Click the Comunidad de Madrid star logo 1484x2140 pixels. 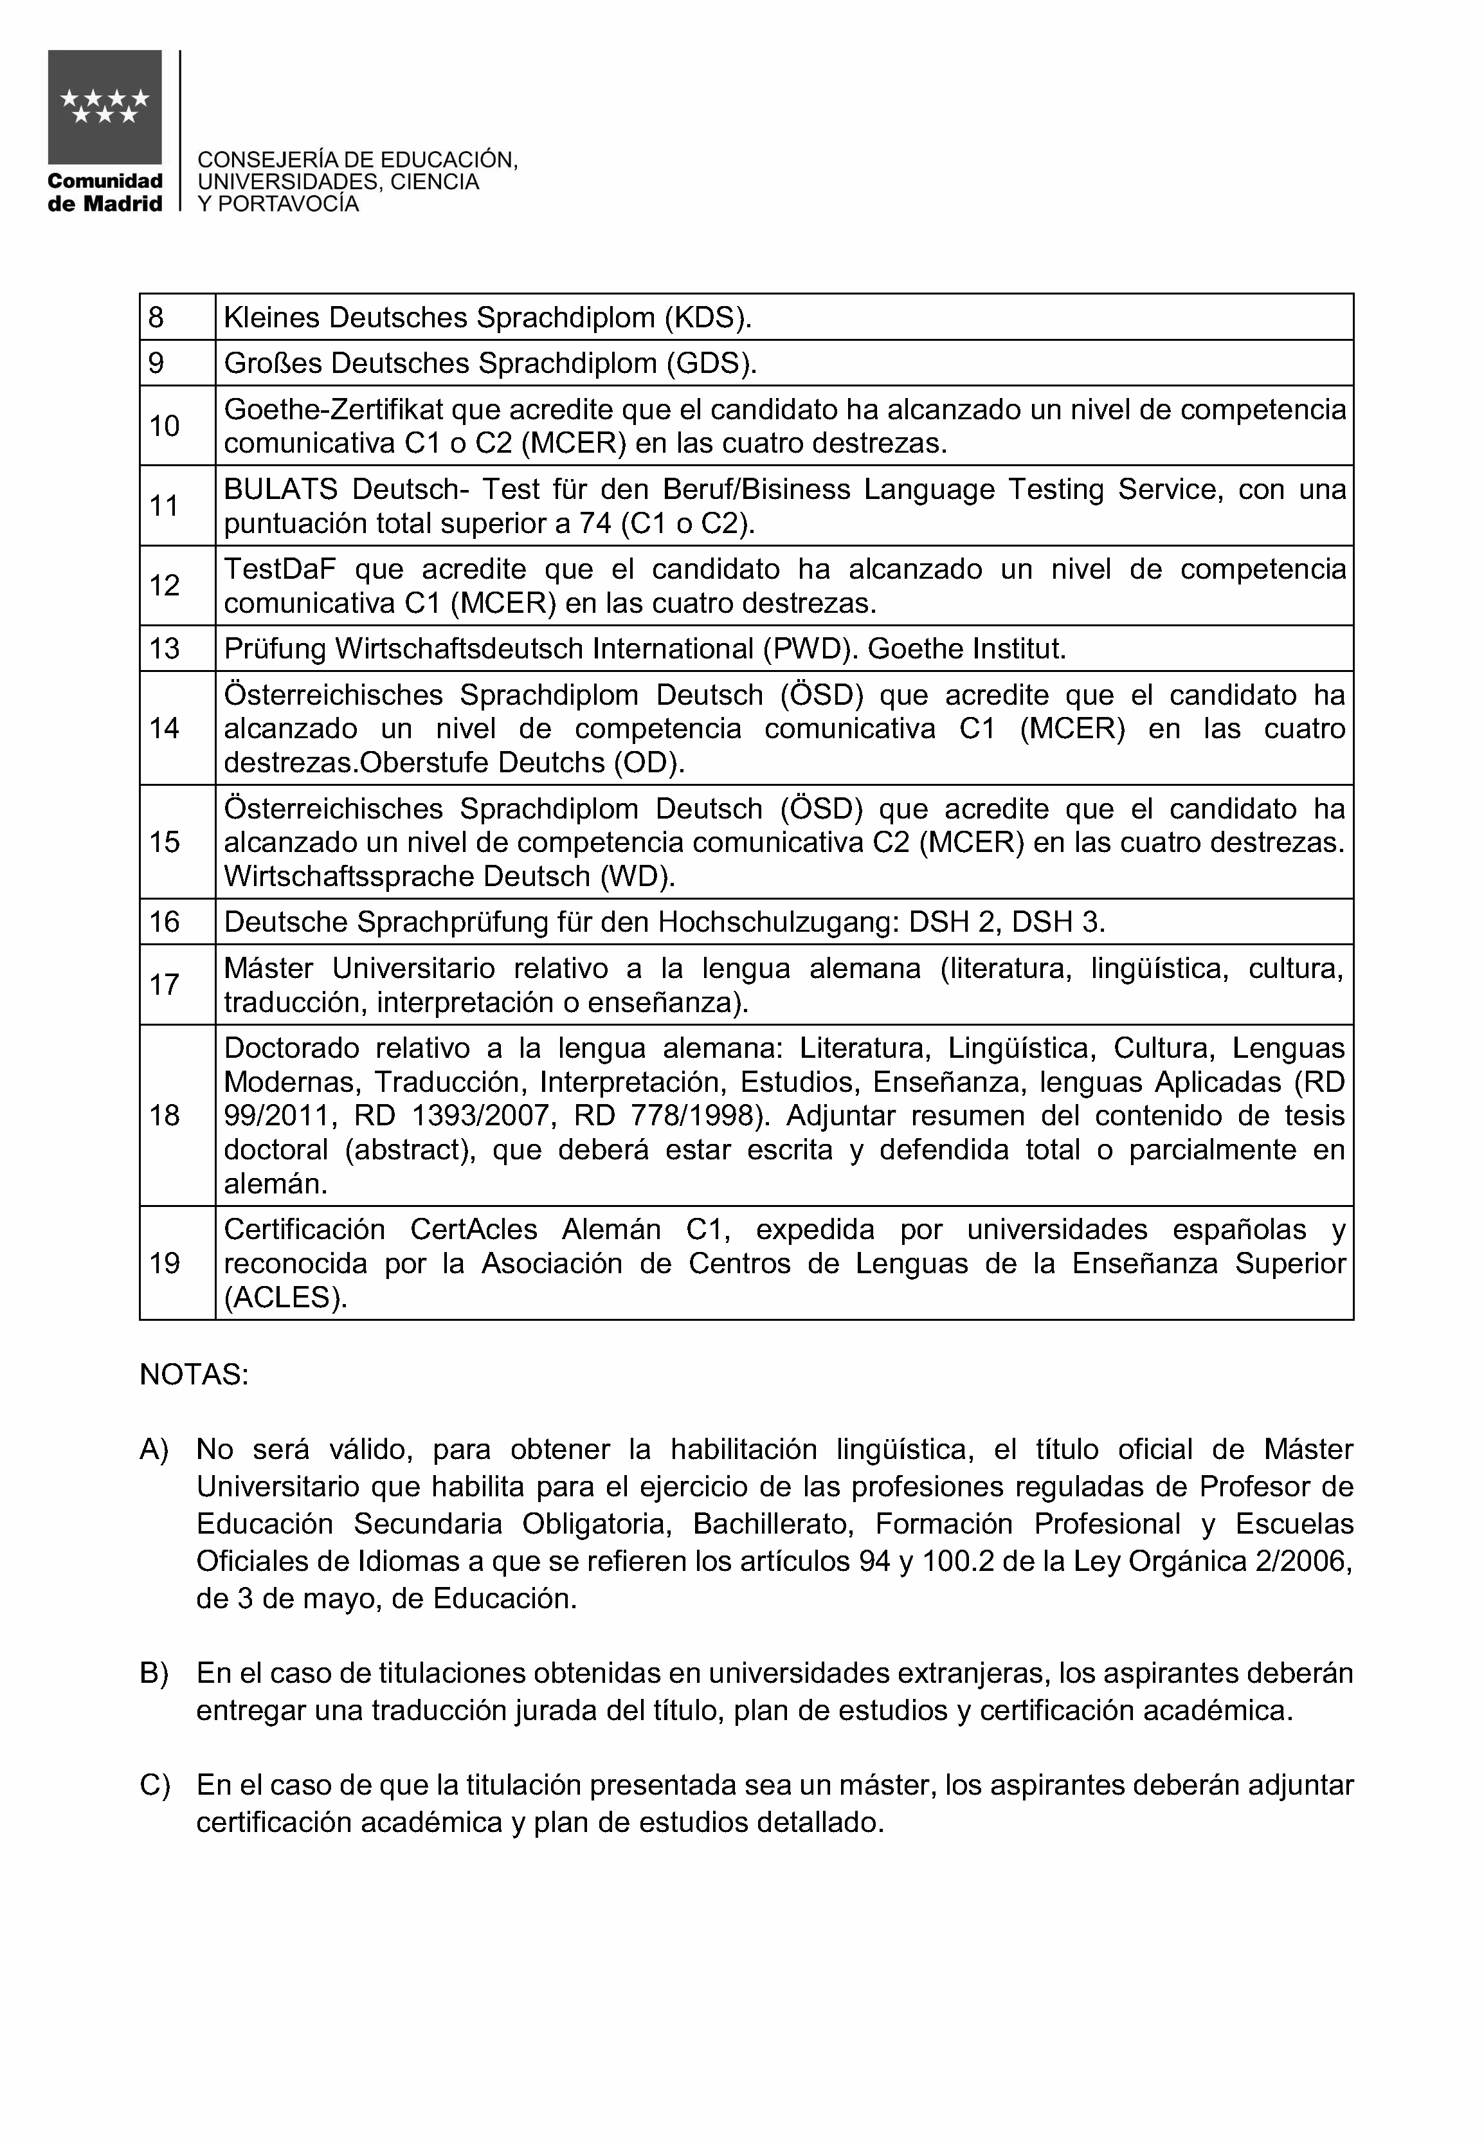coord(105,107)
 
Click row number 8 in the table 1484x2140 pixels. coord(156,318)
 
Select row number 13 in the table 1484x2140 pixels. coord(164,649)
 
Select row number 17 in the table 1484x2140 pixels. coord(164,985)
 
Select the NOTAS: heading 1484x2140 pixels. coord(194,1375)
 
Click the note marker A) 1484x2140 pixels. coord(154,1450)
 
